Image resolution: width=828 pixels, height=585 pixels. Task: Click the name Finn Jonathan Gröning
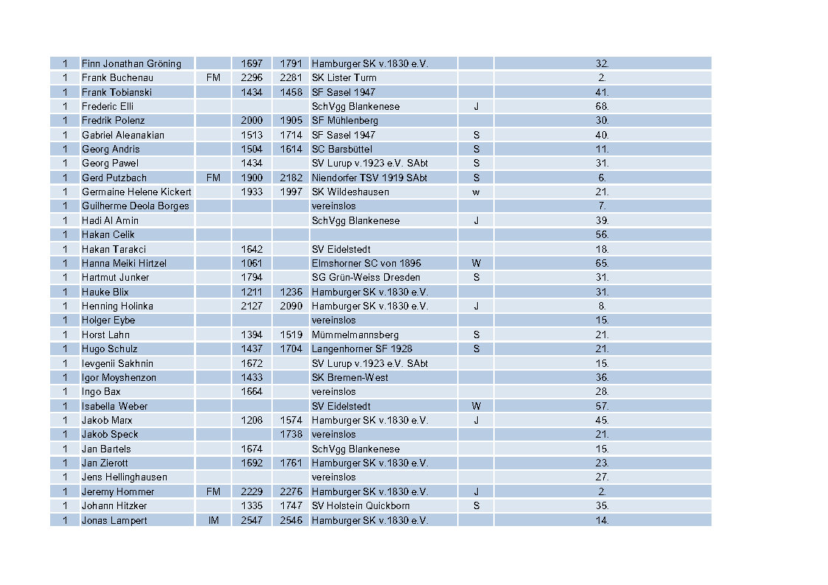click(131, 63)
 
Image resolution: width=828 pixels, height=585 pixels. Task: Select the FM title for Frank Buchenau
click(213, 77)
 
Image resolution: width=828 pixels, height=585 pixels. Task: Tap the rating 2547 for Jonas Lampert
click(251, 520)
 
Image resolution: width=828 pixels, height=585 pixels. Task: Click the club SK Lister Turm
click(344, 77)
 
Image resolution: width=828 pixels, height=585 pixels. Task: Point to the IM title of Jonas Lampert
click(213, 520)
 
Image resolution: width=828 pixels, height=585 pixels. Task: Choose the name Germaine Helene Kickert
click(136, 192)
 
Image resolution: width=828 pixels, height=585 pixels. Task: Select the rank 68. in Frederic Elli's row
click(602, 106)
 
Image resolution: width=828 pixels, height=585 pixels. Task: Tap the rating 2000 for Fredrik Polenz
click(251, 120)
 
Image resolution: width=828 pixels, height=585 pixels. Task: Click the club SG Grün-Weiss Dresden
click(366, 277)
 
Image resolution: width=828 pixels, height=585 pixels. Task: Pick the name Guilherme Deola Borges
click(135, 206)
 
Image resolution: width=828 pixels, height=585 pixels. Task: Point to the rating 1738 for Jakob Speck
click(291, 434)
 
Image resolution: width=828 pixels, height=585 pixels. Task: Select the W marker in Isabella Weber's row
click(476, 406)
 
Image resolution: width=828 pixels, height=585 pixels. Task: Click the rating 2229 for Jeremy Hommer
click(251, 491)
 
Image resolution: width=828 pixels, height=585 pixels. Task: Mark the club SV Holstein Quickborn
click(361, 505)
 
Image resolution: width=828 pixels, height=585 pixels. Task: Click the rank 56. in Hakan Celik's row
click(602, 234)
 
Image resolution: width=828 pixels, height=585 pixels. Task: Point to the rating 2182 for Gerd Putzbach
click(291, 178)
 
